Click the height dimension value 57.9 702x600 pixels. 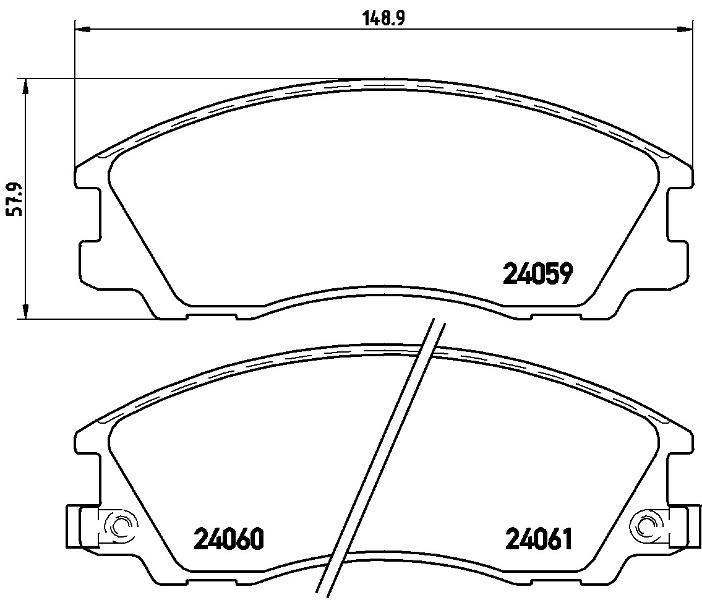[14, 199]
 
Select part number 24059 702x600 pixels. [538, 274]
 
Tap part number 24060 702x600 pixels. [228, 539]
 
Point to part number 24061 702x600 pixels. [539, 539]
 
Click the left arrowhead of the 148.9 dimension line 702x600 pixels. [83, 30]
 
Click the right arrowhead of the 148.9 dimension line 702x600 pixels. [683, 30]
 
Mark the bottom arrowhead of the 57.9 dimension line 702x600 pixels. [26, 311]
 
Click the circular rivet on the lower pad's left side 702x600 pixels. [120, 525]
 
